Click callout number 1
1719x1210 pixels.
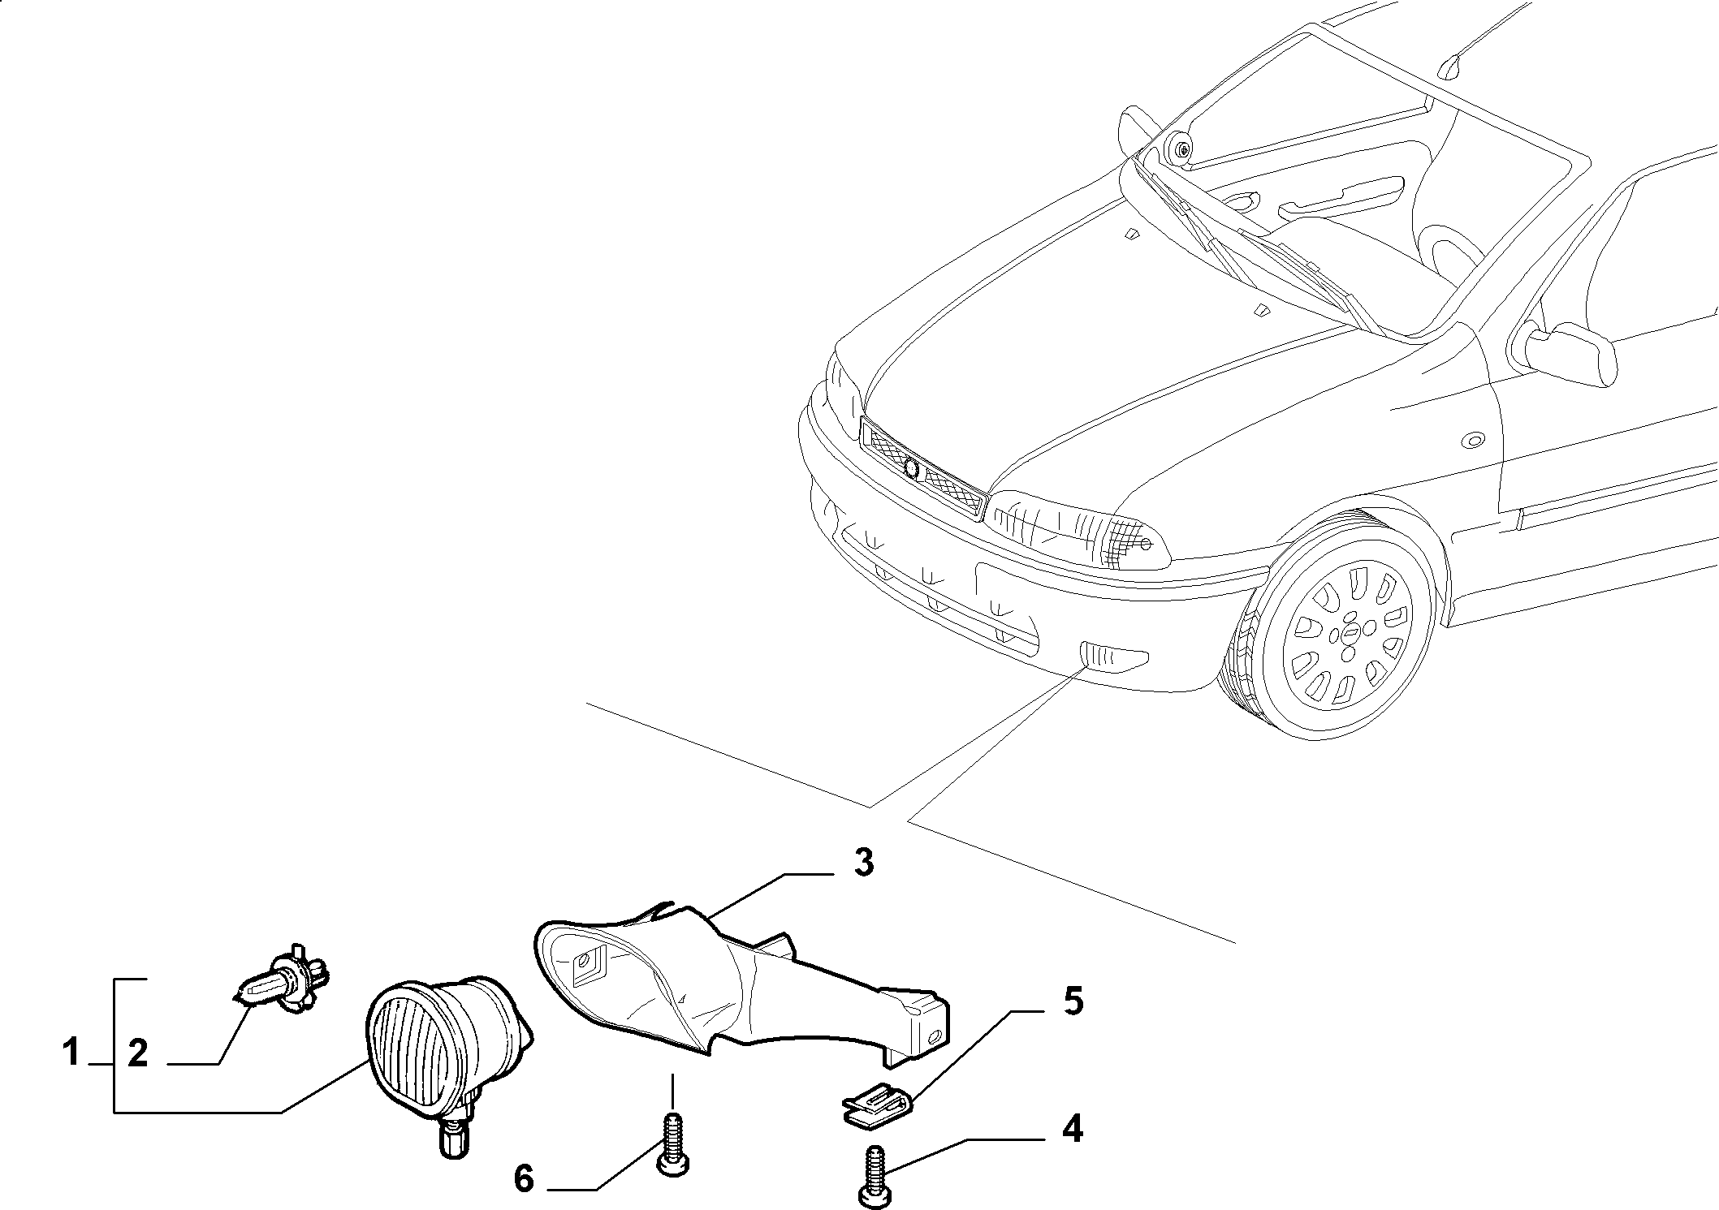(71, 1053)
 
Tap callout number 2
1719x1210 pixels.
(138, 1053)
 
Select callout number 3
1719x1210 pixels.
(863, 863)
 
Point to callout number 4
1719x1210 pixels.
(1072, 1129)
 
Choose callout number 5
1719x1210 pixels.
(1073, 1001)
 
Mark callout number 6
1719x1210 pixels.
(525, 1178)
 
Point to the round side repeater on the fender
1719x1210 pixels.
(1471, 441)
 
